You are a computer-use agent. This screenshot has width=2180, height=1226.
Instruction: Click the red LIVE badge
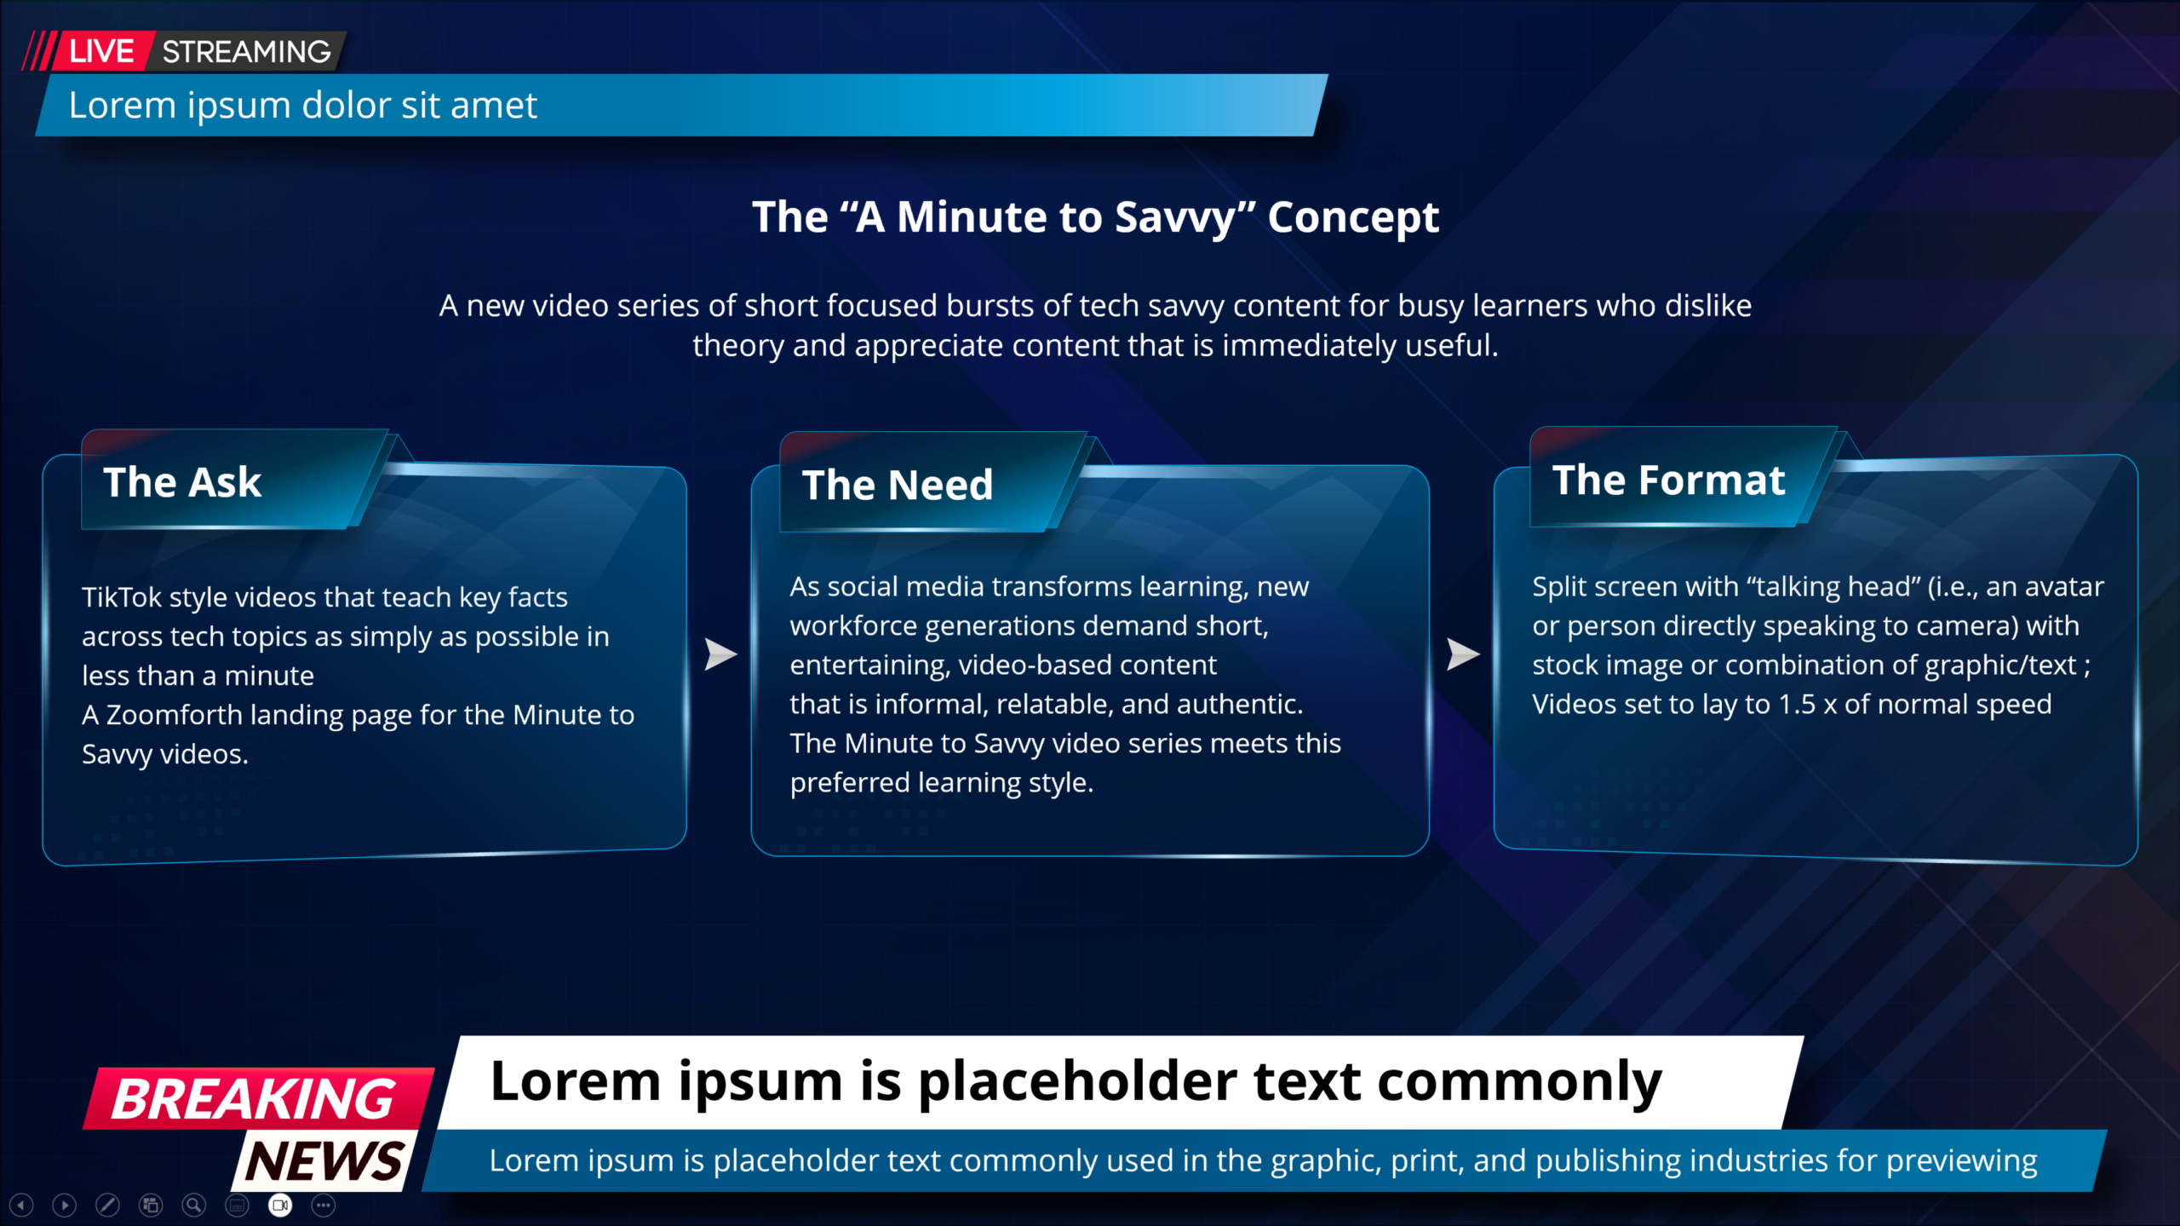click(x=102, y=51)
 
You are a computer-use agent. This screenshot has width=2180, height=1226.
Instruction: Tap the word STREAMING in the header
click(x=247, y=52)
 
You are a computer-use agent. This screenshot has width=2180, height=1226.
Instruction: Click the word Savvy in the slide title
click(x=1175, y=219)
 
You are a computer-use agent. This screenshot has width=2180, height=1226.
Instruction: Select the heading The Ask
click(x=182, y=482)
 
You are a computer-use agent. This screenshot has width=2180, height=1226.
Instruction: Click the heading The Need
click(x=898, y=486)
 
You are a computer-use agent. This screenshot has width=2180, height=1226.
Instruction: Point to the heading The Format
click(x=1668, y=481)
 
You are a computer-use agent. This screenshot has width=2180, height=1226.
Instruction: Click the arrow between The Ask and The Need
click(x=720, y=654)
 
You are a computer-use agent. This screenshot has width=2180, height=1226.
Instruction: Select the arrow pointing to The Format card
click(x=1463, y=654)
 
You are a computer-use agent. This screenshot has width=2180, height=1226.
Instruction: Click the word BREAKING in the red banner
click(x=254, y=1099)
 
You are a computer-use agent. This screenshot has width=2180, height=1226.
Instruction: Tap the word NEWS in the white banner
click(x=324, y=1161)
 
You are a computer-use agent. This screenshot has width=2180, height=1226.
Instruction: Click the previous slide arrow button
click(x=21, y=1206)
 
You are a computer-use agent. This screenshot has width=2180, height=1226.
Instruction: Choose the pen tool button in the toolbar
click(x=107, y=1206)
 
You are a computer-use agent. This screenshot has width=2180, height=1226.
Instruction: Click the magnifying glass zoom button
click(x=194, y=1206)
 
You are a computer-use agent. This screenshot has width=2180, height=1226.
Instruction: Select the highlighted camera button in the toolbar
click(x=280, y=1206)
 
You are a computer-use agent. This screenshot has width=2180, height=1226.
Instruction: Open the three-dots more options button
click(x=324, y=1206)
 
